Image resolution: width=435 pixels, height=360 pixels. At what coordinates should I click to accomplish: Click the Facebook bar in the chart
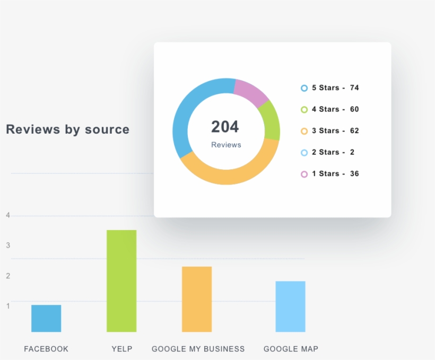pos(46,318)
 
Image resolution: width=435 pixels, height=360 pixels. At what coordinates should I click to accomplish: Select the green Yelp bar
pos(121,281)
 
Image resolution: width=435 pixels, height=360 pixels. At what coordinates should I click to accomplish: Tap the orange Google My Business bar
pos(197,299)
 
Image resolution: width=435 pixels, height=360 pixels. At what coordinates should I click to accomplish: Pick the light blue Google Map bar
pos(290,306)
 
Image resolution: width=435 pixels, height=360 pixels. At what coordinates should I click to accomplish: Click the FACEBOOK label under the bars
pos(46,349)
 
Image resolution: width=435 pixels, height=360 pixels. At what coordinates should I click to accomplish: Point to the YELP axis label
pos(122,349)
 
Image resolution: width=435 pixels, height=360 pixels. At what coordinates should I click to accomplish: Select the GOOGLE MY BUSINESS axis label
pos(198,349)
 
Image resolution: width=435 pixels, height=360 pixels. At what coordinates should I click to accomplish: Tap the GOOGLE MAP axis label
pos(291,349)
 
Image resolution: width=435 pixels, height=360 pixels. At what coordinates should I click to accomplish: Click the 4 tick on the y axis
pos(8,215)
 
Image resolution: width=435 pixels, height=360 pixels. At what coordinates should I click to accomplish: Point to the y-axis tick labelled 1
pos(8,305)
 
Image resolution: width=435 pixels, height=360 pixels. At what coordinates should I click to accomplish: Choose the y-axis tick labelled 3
pos(8,245)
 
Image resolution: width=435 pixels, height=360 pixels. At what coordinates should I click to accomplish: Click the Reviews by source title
pos(67,129)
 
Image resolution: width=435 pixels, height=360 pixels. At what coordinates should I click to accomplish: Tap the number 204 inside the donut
pos(225,127)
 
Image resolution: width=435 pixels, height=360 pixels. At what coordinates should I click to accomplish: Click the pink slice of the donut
pos(250,91)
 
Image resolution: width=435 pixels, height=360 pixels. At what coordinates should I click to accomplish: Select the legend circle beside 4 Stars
pos(304,110)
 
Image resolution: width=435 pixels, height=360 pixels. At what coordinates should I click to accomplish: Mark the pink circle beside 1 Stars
pos(304,174)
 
